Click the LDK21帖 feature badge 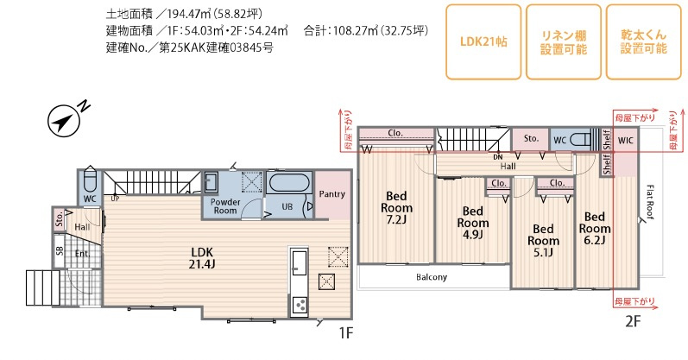pyautogui.click(x=483, y=41)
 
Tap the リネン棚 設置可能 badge pyautogui.click(x=564, y=41)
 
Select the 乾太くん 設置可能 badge pyautogui.click(x=644, y=41)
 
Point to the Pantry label pyautogui.click(x=331, y=194)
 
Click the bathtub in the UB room pyautogui.click(x=290, y=183)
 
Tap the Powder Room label pyautogui.click(x=225, y=206)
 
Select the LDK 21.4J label pyautogui.click(x=202, y=258)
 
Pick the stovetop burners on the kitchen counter pyautogui.click(x=300, y=304)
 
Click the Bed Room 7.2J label pyautogui.click(x=396, y=208)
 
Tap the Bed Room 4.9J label pyautogui.click(x=472, y=223)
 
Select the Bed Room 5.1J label pyautogui.click(x=543, y=241)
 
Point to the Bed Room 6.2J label pyautogui.click(x=595, y=228)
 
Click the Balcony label pyautogui.click(x=432, y=277)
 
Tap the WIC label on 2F pyautogui.click(x=625, y=141)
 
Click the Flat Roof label pyautogui.click(x=650, y=202)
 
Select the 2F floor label pyautogui.click(x=633, y=322)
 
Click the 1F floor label pyautogui.click(x=346, y=332)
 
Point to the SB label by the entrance pyautogui.click(x=60, y=250)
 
